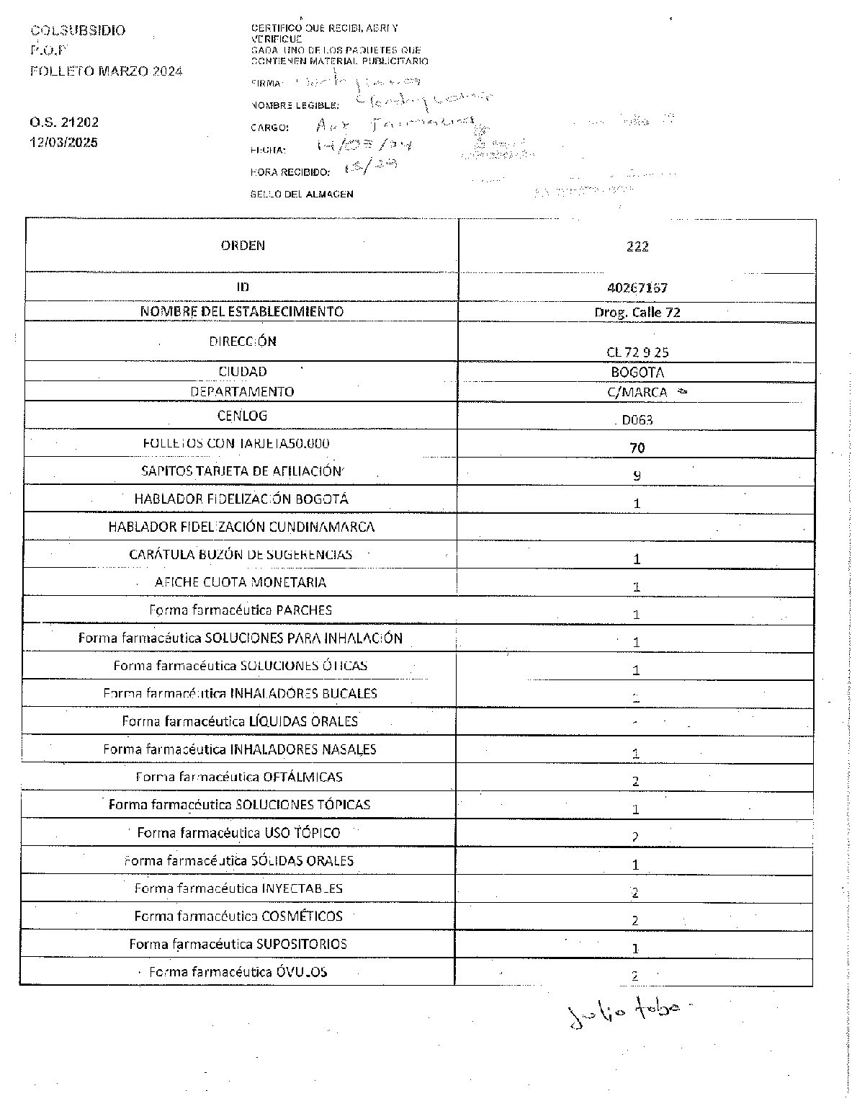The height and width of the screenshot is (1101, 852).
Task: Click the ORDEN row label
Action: [x=243, y=246]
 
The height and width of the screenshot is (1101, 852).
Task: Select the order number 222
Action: [x=637, y=246]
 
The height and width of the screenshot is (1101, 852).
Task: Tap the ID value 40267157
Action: [x=637, y=287]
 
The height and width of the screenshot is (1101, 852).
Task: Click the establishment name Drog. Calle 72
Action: [x=637, y=312]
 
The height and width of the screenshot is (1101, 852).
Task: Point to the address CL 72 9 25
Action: [x=637, y=352]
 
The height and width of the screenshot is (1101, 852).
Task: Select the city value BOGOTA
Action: [x=637, y=373]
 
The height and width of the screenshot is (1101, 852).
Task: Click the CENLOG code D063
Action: [x=637, y=420]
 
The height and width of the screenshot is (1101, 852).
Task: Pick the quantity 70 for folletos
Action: [x=637, y=447]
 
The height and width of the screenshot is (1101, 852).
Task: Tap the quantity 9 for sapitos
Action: [x=637, y=476]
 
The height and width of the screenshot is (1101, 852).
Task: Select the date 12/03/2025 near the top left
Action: [x=64, y=142]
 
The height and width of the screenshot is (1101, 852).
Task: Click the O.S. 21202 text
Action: [x=64, y=122]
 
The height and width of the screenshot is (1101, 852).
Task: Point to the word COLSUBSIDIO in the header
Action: [x=78, y=30]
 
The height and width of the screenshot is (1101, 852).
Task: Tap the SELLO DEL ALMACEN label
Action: [x=302, y=194]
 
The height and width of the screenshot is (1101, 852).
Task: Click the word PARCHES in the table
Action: [x=304, y=610]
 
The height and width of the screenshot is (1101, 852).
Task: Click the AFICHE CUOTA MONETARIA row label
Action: [x=241, y=582]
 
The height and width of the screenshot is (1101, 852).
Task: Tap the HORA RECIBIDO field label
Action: [x=290, y=172]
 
